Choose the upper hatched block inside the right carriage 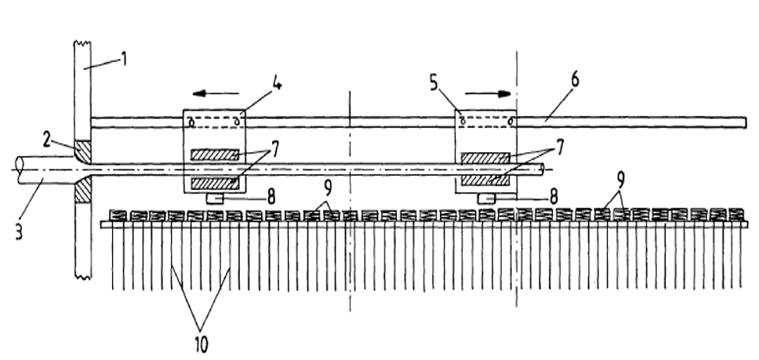pyautogui.click(x=485, y=158)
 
